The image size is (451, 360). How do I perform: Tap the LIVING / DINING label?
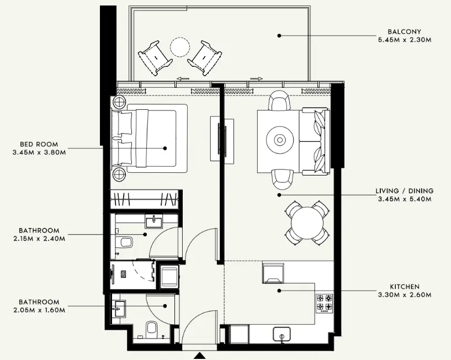tap(405, 191)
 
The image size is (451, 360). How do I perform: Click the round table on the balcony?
tap(180, 47)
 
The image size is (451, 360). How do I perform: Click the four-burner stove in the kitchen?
tap(324, 303)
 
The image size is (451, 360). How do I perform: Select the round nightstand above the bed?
tap(119, 102)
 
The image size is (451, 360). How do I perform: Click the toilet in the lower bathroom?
tap(152, 330)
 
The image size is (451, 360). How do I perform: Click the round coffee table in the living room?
tap(280, 140)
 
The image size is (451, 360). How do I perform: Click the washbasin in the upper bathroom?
tap(152, 221)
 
